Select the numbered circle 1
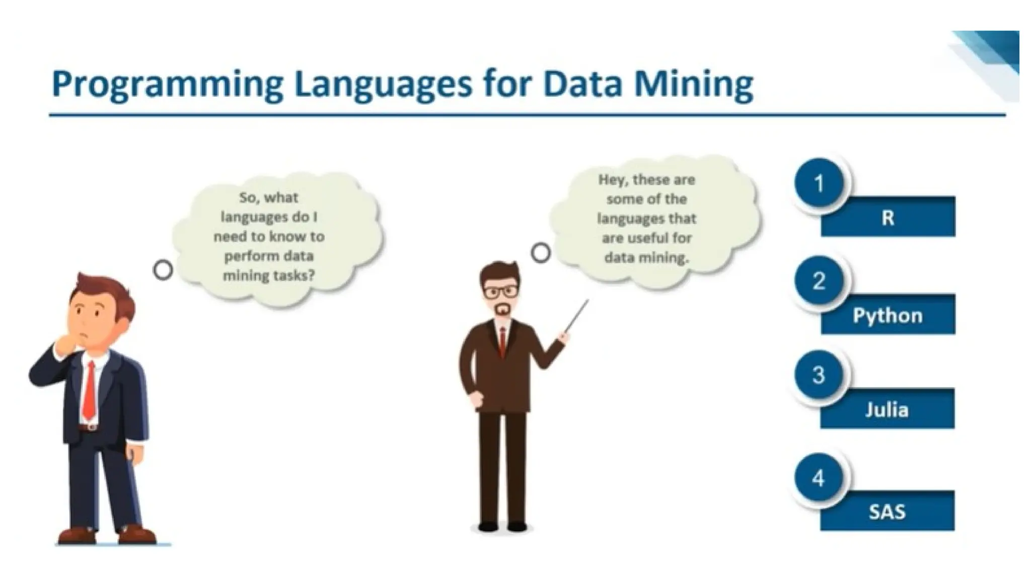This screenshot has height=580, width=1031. pos(819,183)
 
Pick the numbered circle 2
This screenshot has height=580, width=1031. pos(819,281)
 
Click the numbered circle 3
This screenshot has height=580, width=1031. pos(819,375)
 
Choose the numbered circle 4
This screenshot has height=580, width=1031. pos(819,478)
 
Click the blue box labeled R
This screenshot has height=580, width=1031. pos(888,217)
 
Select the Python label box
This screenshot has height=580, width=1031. pos(888,316)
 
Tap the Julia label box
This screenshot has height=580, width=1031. pos(887,409)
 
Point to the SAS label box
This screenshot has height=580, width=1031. pos(887,512)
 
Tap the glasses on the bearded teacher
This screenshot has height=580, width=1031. pos(500,292)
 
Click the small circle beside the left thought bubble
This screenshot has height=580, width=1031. pos(163,270)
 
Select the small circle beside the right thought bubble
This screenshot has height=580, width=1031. pos(541,252)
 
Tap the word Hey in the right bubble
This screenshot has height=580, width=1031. pos(612,180)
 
